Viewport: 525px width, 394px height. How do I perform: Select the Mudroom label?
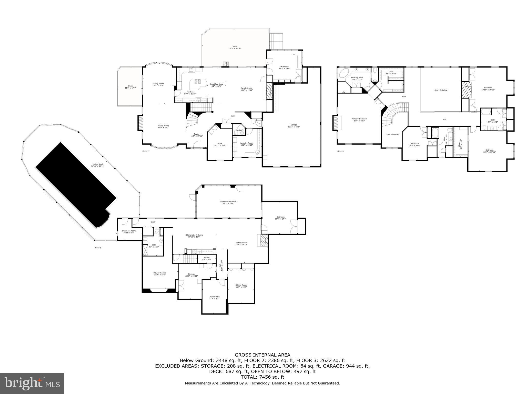tap(284, 67)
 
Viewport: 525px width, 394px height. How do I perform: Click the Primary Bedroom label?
tap(359, 120)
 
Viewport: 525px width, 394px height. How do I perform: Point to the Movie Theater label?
tap(160, 274)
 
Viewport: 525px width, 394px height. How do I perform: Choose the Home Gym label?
tap(215, 297)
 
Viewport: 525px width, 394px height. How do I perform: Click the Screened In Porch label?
tap(228, 202)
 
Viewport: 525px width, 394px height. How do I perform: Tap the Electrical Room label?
tap(129, 232)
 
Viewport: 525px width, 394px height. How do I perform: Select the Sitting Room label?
tap(241, 286)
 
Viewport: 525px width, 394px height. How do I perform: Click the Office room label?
tap(220, 144)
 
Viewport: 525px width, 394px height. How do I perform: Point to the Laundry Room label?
tap(247, 144)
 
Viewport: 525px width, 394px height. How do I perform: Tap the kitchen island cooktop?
tap(198, 82)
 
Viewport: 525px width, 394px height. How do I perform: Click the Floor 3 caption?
tap(340, 151)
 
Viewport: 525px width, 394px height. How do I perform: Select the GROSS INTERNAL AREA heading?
tap(262, 355)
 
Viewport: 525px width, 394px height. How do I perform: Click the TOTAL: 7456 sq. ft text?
tap(262, 377)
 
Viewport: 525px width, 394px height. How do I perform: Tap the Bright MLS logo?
tap(32, 383)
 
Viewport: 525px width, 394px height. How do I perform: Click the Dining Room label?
tap(158, 84)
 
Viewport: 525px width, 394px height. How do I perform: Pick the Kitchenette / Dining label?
tap(194, 236)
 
